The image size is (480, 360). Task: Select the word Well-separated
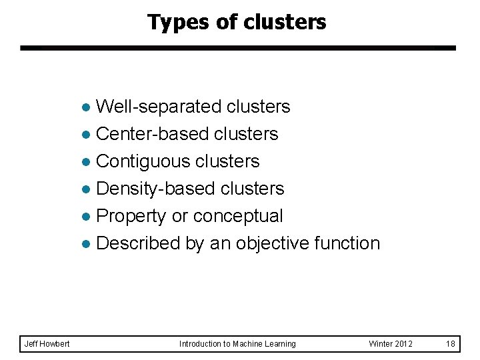pos(159,107)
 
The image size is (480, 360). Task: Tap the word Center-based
pos(153,134)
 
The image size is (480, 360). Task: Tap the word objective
pos(269,243)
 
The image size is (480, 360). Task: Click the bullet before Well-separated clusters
pos(85,107)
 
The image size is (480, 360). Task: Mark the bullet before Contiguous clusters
pos(85,162)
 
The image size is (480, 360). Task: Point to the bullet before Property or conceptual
pos(85,217)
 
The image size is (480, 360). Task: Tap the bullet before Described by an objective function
pos(85,244)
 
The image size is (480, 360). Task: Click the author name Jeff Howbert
pos(47,344)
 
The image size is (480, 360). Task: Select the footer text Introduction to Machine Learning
pos(237,344)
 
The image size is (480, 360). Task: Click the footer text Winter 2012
pos(391,344)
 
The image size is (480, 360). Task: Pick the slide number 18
pos(451,344)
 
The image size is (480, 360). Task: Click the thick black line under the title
pos(237,48)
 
